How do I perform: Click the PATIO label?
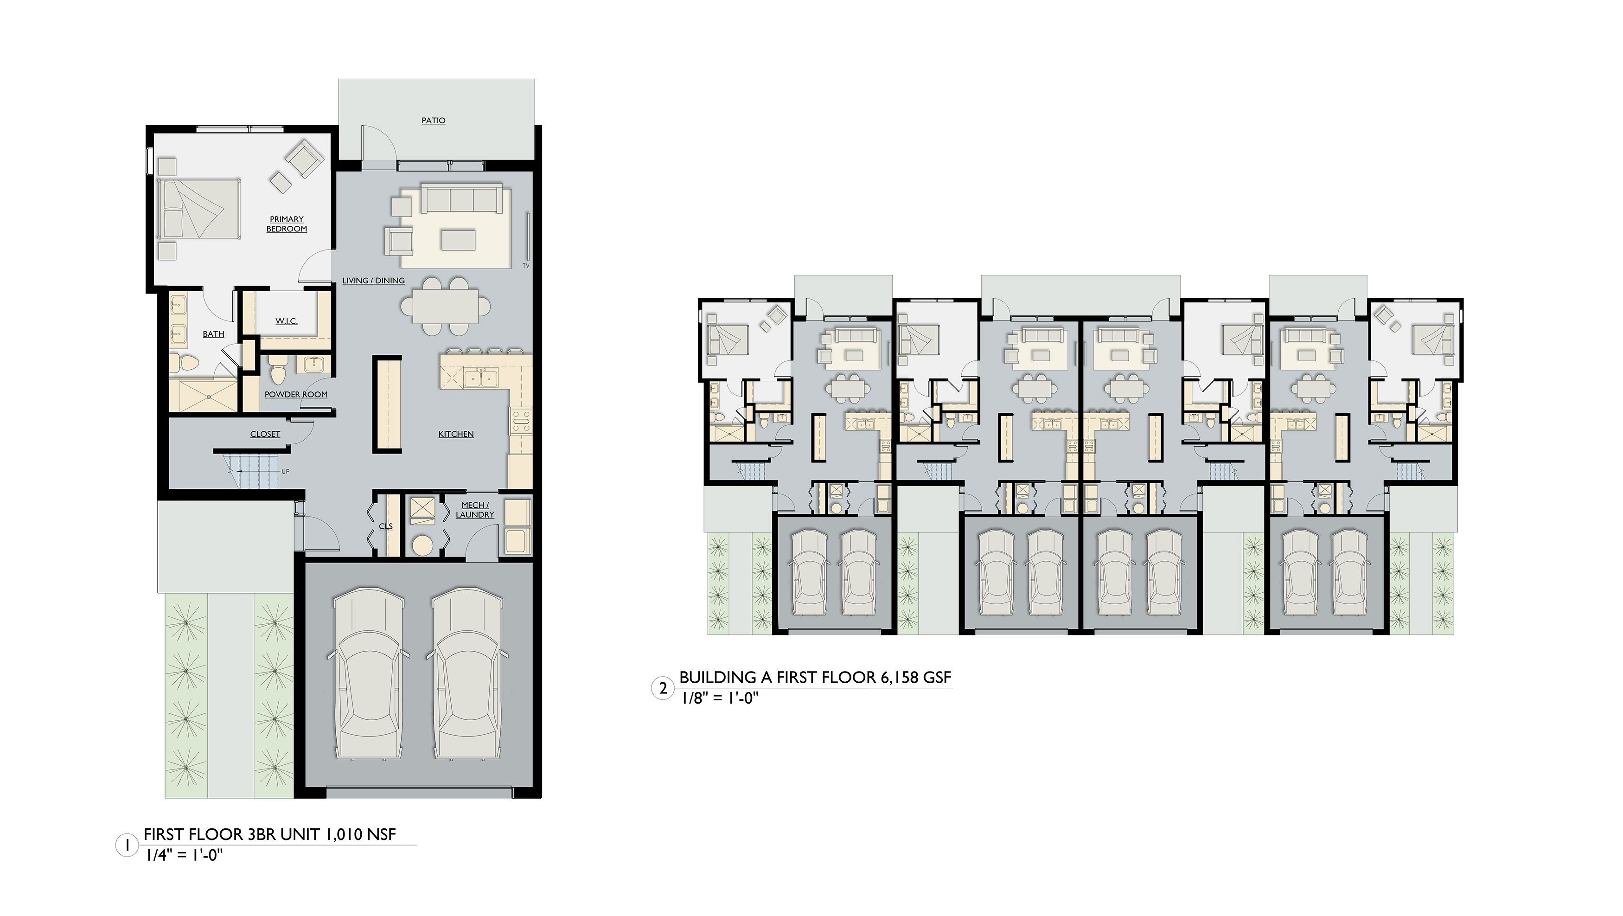tap(434, 120)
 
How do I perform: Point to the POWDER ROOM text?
tap(296, 394)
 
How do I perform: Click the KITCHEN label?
tap(455, 434)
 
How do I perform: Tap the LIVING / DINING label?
tap(374, 280)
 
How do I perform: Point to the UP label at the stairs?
tap(285, 471)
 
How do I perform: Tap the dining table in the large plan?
tap(446, 307)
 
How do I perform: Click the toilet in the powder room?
tap(277, 370)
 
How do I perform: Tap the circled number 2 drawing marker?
tap(662, 689)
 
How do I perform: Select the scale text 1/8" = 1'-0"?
tap(718, 700)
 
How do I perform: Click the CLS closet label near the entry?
tap(386, 526)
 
